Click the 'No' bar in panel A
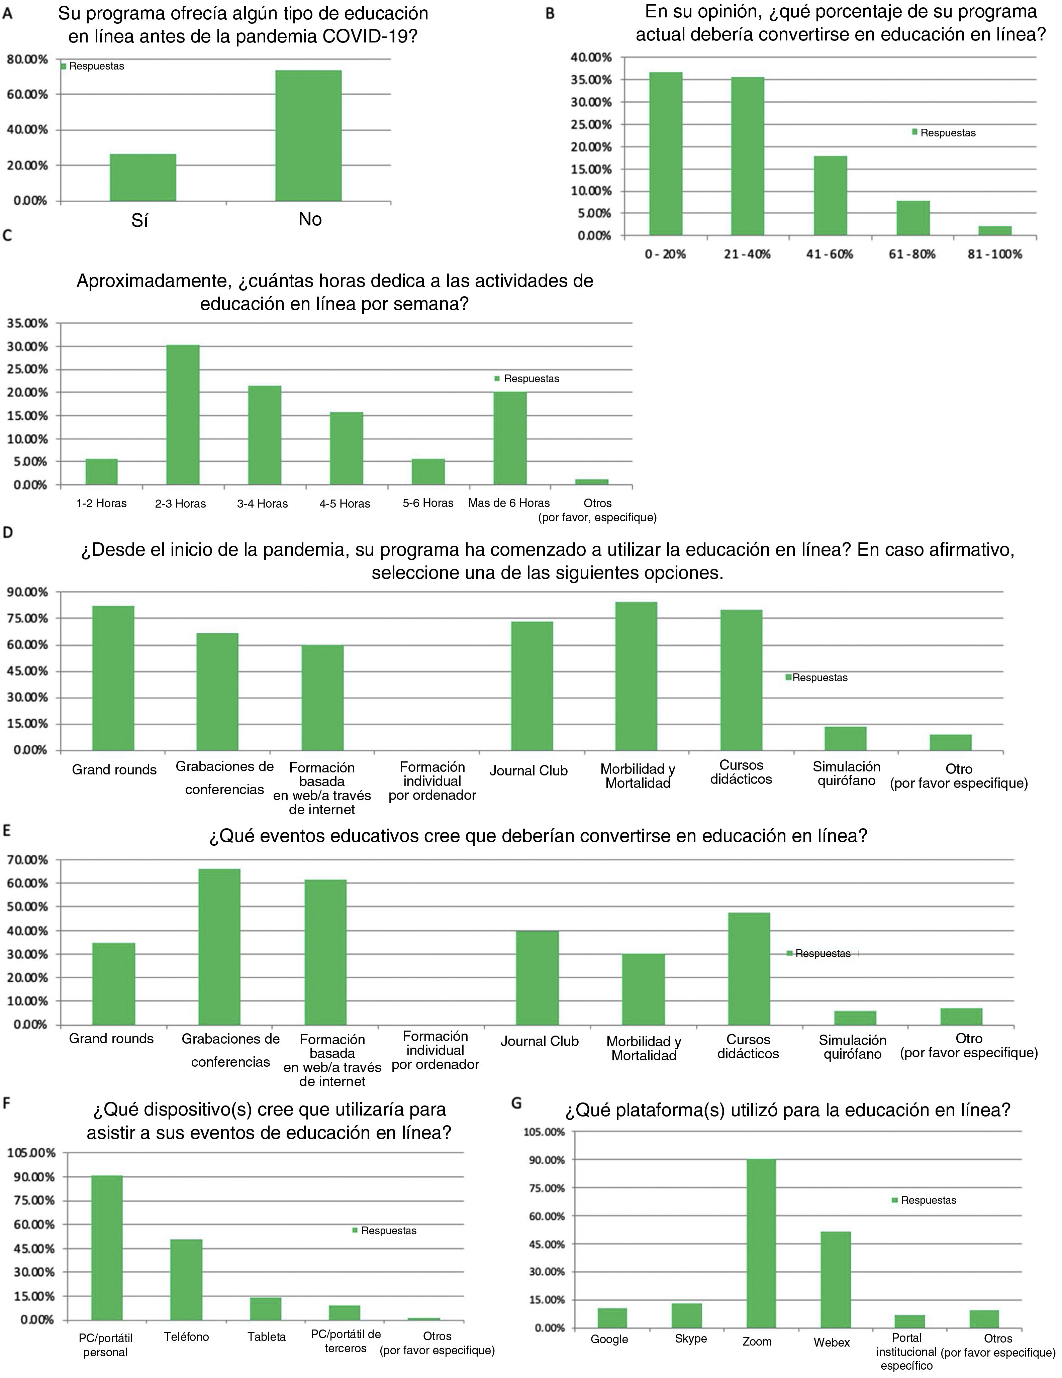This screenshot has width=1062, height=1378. (309, 136)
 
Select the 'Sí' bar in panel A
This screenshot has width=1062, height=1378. (142, 177)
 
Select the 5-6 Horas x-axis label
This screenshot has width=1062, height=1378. (428, 503)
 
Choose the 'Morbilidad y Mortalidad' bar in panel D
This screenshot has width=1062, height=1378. (636, 676)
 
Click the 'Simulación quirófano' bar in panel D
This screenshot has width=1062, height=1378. (845, 738)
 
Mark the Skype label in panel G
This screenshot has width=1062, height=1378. (690, 1338)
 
